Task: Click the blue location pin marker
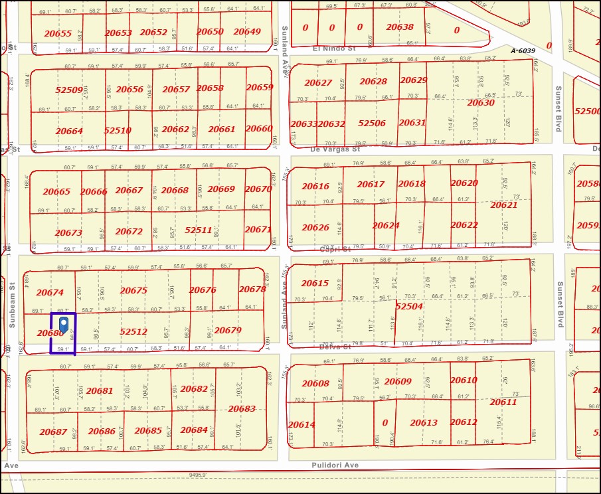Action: click(63, 323)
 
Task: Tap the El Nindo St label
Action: click(334, 48)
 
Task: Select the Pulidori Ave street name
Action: click(335, 465)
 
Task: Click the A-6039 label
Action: click(523, 51)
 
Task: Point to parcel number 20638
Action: click(400, 28)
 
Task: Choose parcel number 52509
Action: click(69, 90)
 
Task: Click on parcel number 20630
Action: click(480, 102)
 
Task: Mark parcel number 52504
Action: click(408, 306)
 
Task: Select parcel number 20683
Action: click(241, 409)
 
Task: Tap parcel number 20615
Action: click(315, 284)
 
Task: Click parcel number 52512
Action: click(133, 331)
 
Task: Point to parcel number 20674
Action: click(50, 292)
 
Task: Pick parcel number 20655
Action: click(58, 33)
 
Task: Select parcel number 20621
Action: click(503, 205)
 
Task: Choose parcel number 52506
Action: click(371, 123)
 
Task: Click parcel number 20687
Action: click(53, 432)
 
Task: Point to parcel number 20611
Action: click(503, 402)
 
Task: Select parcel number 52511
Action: click(198, 230)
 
